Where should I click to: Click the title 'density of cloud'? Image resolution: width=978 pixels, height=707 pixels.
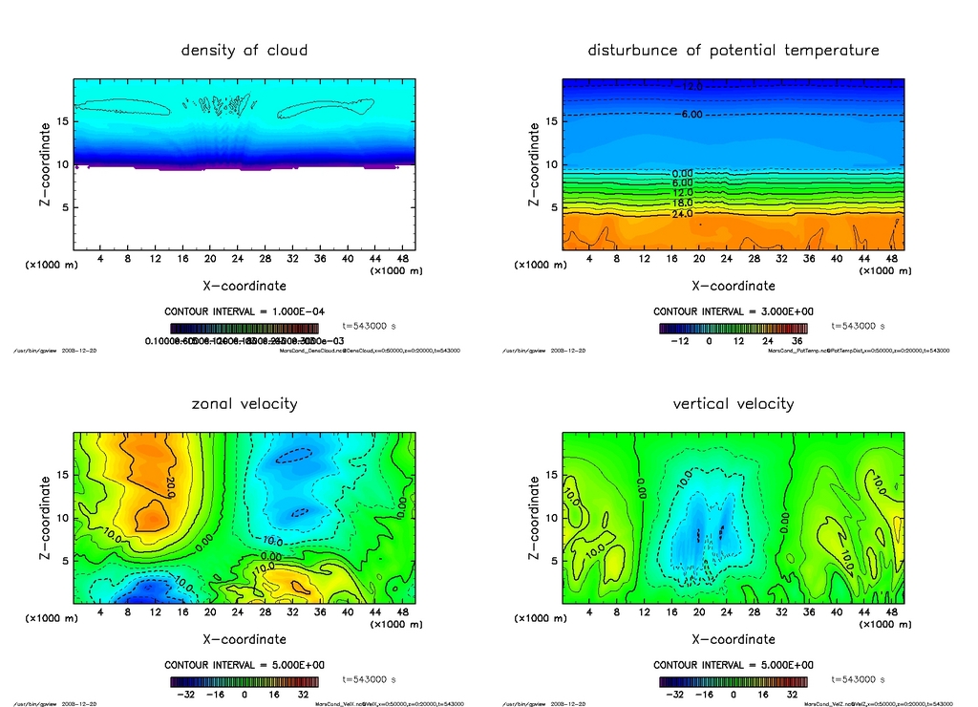244,50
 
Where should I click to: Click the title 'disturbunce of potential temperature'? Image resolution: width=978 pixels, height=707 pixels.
733,50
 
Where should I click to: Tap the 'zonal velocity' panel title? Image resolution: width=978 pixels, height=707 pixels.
244,403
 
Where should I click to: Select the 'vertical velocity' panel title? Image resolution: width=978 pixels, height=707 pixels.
733,403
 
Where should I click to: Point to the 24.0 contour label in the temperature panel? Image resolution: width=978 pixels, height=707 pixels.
683,214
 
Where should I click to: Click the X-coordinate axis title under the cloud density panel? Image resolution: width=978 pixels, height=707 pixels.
244,285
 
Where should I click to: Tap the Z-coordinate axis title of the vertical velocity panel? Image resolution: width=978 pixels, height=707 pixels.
533,518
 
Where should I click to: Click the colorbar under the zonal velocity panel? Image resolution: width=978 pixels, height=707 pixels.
244,682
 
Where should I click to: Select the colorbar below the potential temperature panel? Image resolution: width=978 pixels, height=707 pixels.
733,328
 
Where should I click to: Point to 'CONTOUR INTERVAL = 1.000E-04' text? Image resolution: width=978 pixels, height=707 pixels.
244,311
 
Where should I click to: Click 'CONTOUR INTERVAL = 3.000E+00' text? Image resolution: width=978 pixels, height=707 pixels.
733,311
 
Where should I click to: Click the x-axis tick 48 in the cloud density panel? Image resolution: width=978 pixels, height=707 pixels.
403,258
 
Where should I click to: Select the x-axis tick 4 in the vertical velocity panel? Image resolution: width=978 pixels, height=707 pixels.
589,611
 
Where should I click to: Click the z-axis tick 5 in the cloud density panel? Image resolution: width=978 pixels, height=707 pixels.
66,207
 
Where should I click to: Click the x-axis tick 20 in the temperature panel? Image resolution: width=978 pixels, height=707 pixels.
699,258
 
